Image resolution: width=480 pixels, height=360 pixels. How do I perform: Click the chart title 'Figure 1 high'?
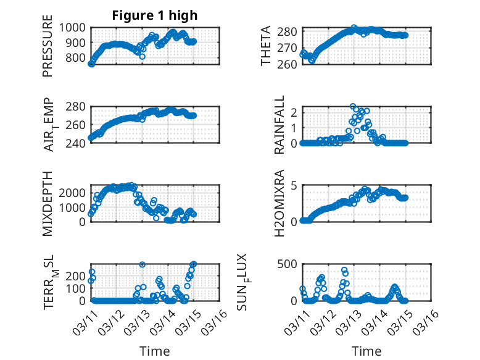pyautogui.click(x=154, y=16)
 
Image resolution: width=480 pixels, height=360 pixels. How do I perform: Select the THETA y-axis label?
pyautogui.click(x=266, y=46)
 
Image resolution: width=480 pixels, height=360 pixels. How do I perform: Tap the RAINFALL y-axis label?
pyautogui.click(x=279, y=125)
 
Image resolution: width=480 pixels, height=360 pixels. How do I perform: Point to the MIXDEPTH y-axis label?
pyautogui.click(x=48, y=203)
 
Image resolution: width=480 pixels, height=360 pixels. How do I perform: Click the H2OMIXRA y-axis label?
pyautogui.click(x=279, y=203)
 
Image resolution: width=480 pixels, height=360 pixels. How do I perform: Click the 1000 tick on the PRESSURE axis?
pyautogui.click(x=74, y=28)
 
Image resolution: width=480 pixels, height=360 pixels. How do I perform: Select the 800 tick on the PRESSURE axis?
pyautogui.click(x=77, y=58)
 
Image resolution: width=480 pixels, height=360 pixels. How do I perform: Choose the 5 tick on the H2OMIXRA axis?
pyautogui.click(x=294, y=185)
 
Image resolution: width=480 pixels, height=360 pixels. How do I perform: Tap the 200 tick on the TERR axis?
pyautogui.click(x=77, y=288)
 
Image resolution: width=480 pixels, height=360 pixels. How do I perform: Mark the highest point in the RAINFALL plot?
pyautogui.click(x=353, y=107)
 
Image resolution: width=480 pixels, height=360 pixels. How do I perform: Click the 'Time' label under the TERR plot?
pyautogui.click(x=154, y=351)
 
